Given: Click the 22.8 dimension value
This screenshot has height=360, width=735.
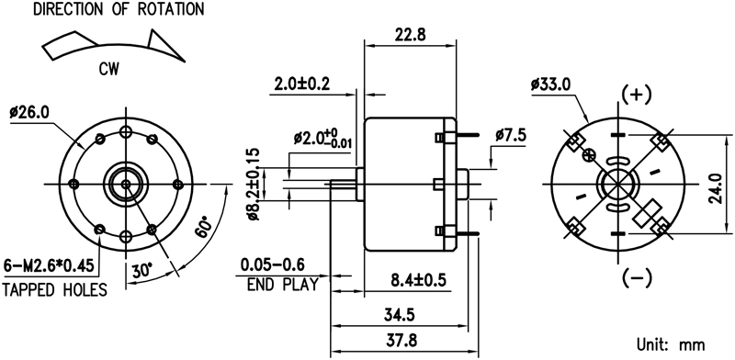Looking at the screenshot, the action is (410, 36).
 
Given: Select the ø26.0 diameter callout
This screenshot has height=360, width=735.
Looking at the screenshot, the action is (30, 112).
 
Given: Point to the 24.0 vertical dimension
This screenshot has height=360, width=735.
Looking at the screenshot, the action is (715, 188).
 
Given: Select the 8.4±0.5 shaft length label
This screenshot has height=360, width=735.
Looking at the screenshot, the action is (418, 280).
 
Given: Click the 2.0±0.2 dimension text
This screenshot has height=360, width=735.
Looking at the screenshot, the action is (302, 84).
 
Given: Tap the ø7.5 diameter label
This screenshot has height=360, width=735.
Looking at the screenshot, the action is (511, 135).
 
